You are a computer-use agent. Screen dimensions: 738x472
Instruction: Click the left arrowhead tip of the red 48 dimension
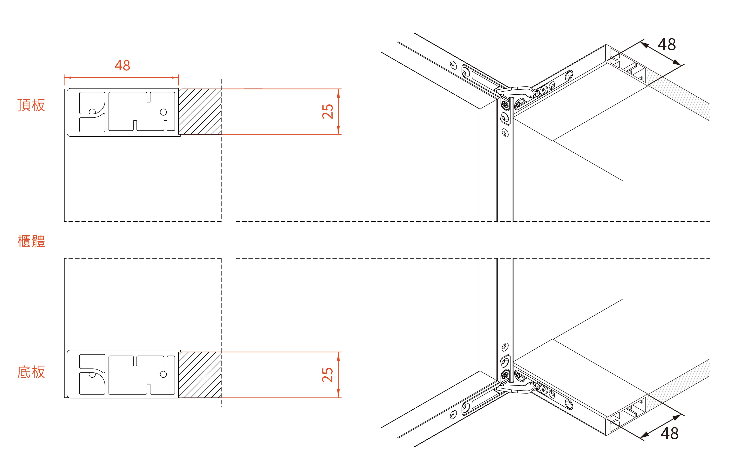click(64, 78)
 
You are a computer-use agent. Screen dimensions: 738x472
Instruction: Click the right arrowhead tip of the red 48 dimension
click(179, 78)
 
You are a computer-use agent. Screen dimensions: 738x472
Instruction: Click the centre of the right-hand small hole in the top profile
click(163, 112)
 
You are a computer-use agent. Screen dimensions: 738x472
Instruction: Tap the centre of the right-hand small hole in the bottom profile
click(163, 374)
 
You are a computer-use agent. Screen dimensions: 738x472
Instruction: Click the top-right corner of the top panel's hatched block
click(221, 89)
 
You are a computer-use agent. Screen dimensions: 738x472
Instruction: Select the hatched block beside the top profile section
click(200, 111)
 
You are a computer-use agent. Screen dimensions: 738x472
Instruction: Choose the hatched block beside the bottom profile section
click(200, 375)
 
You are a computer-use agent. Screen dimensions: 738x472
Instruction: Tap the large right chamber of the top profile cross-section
click(142, 111)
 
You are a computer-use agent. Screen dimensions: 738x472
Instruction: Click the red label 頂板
click(31, 105)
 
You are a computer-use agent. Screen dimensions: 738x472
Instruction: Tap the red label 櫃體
click(31, 241)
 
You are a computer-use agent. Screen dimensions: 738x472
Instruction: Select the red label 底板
click(31, 372)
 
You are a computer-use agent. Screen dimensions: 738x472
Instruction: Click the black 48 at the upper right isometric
click(667, 45)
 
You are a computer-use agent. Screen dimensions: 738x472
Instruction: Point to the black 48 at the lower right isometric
click(670, 433)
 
